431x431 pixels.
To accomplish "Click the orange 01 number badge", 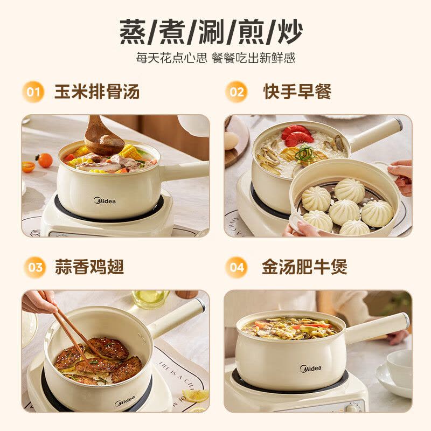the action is click(33, 92).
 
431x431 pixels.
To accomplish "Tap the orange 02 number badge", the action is click(236, 92).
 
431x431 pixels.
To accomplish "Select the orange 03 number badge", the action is click(35, 267).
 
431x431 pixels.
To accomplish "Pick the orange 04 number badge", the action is click(236, 267).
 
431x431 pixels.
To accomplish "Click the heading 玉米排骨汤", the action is click(97, 92).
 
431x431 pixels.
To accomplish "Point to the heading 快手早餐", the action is click(297, 92).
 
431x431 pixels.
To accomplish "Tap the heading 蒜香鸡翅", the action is click(89, 267).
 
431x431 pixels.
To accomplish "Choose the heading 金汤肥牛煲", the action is click(304, 267).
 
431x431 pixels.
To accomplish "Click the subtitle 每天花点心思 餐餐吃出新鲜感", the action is click(215, 58).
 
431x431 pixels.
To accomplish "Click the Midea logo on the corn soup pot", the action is click(105, 200).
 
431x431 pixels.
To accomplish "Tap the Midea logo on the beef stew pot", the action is click(311, 369).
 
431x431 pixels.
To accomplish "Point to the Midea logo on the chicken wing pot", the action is click(125, 401).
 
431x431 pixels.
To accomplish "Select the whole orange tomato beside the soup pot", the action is click(45, 161).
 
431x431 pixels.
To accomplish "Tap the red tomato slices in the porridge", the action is click(297, 136).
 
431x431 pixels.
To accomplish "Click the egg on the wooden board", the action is click(232, 140).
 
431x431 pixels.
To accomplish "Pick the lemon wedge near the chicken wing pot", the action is click(196, 396).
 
